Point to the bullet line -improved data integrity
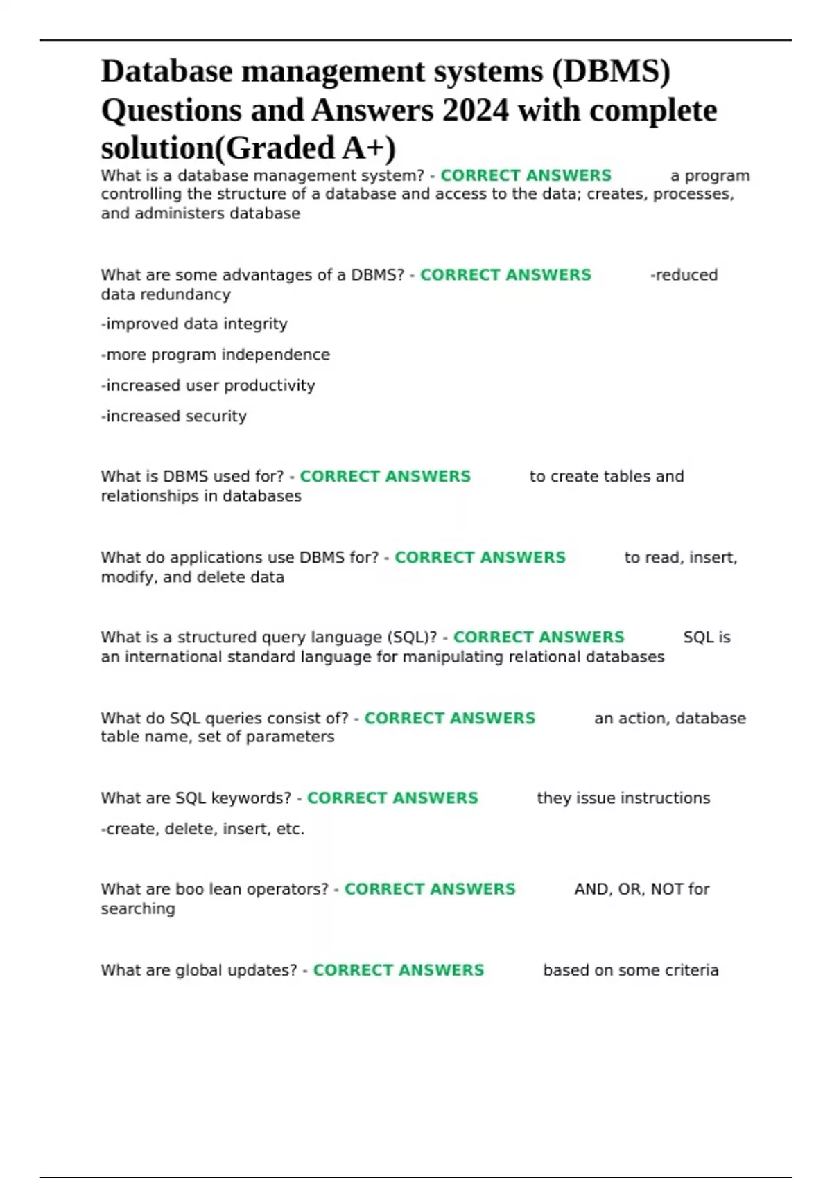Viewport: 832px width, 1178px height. click(x=194, y=324)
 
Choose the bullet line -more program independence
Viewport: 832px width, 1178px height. click(x=215, y=355)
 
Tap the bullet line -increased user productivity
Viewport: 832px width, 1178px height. click(x=208, y=385)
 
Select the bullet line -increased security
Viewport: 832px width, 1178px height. click(x=173, y=416)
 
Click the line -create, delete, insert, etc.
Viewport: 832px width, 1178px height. click(x=202, y=829)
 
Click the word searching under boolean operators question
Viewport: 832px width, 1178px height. click(x=138, y=908)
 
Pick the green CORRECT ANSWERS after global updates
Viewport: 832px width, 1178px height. click(x=399, y=970)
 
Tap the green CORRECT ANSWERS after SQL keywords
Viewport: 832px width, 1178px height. click(x=392, y=798)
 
